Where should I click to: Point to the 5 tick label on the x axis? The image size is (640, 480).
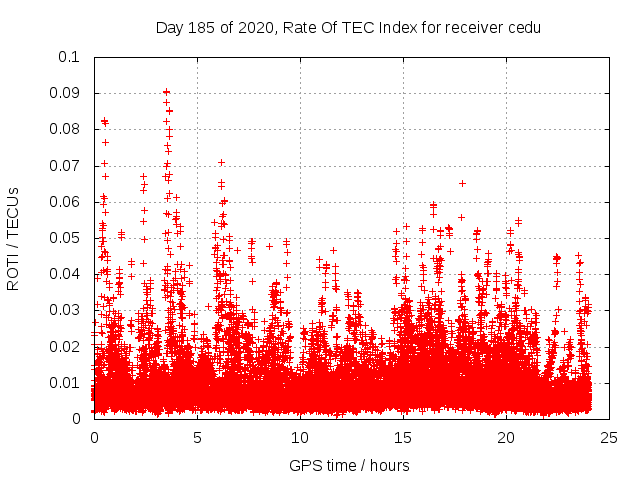click(x=197, y=437)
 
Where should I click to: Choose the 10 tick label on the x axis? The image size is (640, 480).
click(x=300, y=437)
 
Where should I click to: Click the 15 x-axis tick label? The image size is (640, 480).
click(x=403, y=437)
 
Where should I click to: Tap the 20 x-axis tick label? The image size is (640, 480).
click(x=506, y=437)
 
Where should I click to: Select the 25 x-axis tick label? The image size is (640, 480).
click(x=609, y=437)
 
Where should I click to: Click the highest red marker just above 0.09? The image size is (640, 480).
click(x=166, y=91)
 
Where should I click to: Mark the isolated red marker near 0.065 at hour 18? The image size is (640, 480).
click(x=462, y=183)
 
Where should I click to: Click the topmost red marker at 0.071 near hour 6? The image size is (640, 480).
click(x=221, y=162)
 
